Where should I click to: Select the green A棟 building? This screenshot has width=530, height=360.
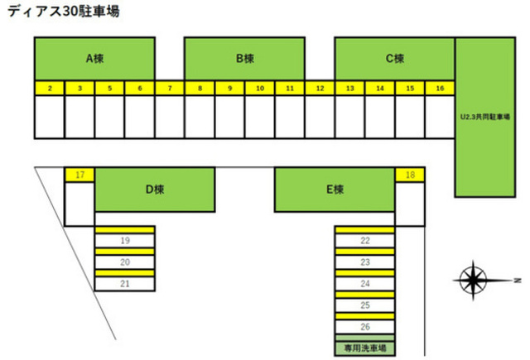(94, 59)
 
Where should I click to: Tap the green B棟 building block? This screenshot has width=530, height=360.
(244, 59)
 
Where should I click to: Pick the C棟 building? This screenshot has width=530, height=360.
(394, 59)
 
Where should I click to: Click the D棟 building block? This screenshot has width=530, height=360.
(155, 190)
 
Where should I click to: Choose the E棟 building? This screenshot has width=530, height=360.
(335, 190)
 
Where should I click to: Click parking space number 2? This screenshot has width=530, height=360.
(50, 88)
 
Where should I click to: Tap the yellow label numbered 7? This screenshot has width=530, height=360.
(170, 88)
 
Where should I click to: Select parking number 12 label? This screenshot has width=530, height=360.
(320, 88)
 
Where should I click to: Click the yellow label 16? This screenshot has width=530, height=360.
(440, 88)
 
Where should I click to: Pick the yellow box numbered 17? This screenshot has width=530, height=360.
(79, 175)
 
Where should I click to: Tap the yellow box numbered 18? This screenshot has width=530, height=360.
(410, 175)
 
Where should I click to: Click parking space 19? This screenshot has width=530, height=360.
(125, 241)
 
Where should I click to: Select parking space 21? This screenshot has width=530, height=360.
(125, 283)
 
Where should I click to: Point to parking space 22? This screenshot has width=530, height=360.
(364, 241)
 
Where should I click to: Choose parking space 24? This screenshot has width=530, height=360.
(364, 284)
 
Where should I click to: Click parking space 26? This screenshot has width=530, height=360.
(364, 327)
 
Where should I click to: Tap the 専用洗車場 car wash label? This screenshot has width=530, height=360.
(364, 348)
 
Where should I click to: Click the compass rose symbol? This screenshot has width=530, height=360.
(474, 280)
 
